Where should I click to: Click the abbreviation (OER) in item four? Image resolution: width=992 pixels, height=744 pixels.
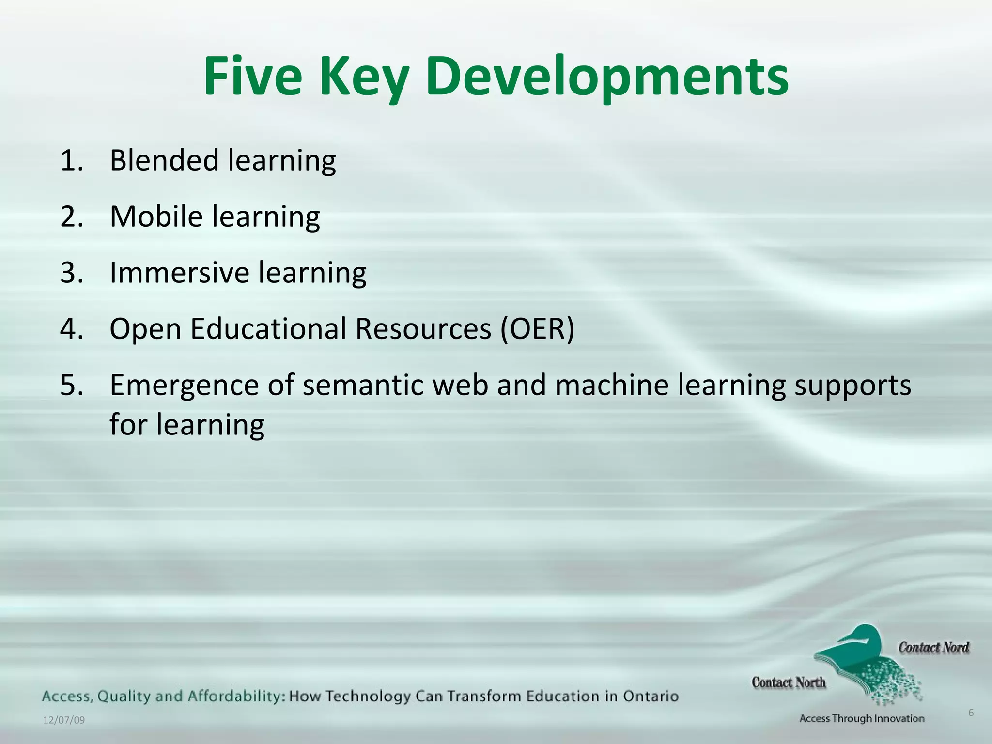[x=537, y=329]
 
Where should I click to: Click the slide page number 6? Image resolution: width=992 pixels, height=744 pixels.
[x=971, y=713]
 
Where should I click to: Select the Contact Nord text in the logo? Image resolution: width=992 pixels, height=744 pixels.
[x=933, y=648]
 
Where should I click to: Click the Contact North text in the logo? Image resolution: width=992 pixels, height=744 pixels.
[x=789, y=682]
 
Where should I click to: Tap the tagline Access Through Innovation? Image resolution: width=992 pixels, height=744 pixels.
[x=862, y=719]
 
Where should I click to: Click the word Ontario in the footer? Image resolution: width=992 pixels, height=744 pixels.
[x=651, y=697]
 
